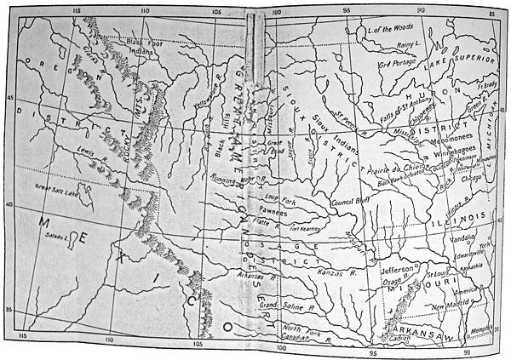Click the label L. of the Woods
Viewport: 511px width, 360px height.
coord(389,29)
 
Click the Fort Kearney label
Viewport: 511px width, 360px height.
coord(306,229)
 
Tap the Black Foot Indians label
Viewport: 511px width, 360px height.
coord(143,46)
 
